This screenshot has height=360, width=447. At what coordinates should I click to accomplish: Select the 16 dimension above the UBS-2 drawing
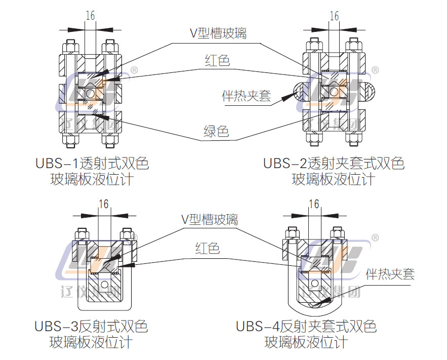coord(334,16)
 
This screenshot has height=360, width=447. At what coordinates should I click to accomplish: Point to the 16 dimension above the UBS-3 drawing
coord(104,204)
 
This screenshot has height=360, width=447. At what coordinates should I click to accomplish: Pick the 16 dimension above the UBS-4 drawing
coord(314,204)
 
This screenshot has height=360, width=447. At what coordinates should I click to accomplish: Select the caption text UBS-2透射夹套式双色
coord(334,164)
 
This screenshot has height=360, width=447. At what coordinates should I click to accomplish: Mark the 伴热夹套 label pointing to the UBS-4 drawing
coord(390,274)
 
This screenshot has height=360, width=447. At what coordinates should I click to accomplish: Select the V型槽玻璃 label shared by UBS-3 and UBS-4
coord(210,220)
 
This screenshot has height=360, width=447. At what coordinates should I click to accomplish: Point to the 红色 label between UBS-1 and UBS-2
coord(217,61)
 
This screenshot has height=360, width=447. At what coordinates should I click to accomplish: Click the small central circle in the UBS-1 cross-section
coord(90,93)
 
